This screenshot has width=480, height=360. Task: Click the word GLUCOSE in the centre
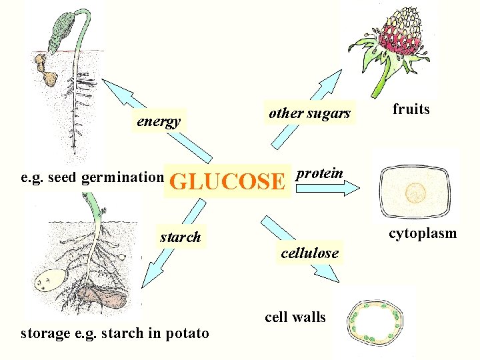click(x=227, y=181)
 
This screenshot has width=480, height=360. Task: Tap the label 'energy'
click(x=159, y=121)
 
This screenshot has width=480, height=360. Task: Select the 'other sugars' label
click(x=309, y=113)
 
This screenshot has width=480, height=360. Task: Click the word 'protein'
click(x=320, y=173)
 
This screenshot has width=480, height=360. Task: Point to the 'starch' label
click(x=180, y=237)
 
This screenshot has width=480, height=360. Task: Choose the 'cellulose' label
click(x=309, y=253)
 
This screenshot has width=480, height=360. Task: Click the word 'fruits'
click(x=411, y=109)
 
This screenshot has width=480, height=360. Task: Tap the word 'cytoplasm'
click(x=423, y=233)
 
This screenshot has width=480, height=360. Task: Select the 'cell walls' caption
click(x=295, y=317)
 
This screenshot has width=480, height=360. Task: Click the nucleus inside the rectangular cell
click(x=417, y=193)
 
